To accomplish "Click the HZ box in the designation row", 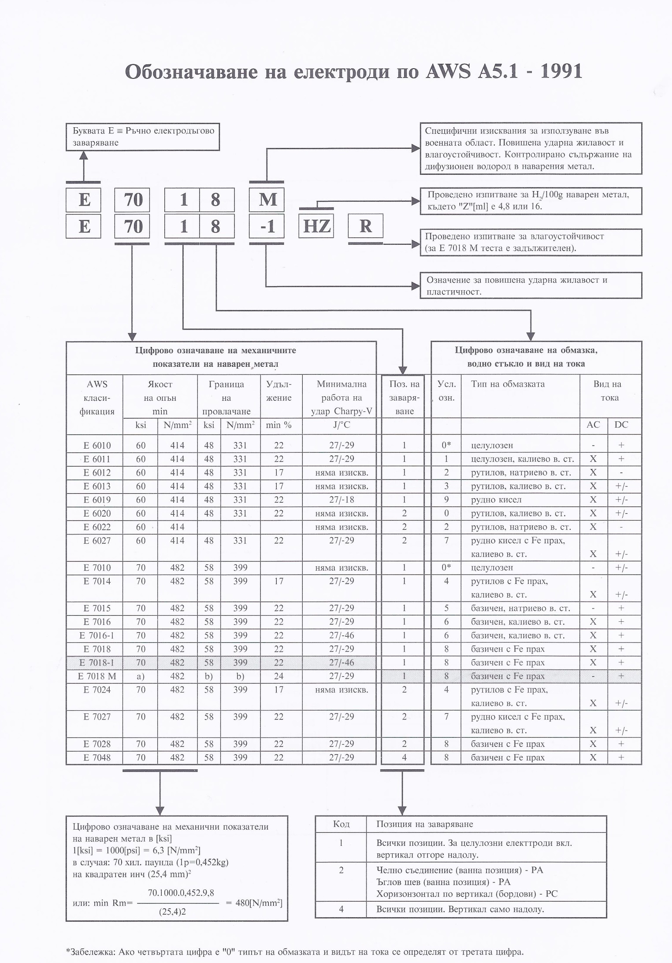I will pyautogui.click(x=316, y=226).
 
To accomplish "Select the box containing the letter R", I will pyautogui.click(x=365, y=226).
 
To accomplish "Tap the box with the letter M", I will pyautogui.click(x=267, y=199).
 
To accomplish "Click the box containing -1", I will pyautogui.click(x=267, y=226).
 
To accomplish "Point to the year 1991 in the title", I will pyautogui.click(x=561, y=71).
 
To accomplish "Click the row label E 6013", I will pyautogui.click(x=97, y=486).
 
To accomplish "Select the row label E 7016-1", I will pyautogui.click(x=97, y=635).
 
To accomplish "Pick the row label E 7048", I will pyautogui.click(x=97, y=757).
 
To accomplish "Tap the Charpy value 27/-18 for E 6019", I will pyautogui.click(x=342, y=500).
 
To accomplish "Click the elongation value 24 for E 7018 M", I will pyautogui.click(x=278, y=676).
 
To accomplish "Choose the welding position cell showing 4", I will pyautogui.click(x=404, y=757).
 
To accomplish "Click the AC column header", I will pyautogui.click(x=593, y=424).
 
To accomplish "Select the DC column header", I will pyautogui.click(x=621, y=424).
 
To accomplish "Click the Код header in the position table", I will pyautogui.click(x=341, y=824).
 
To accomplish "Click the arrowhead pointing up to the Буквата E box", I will pyautogui.click(x=83, y=155).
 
